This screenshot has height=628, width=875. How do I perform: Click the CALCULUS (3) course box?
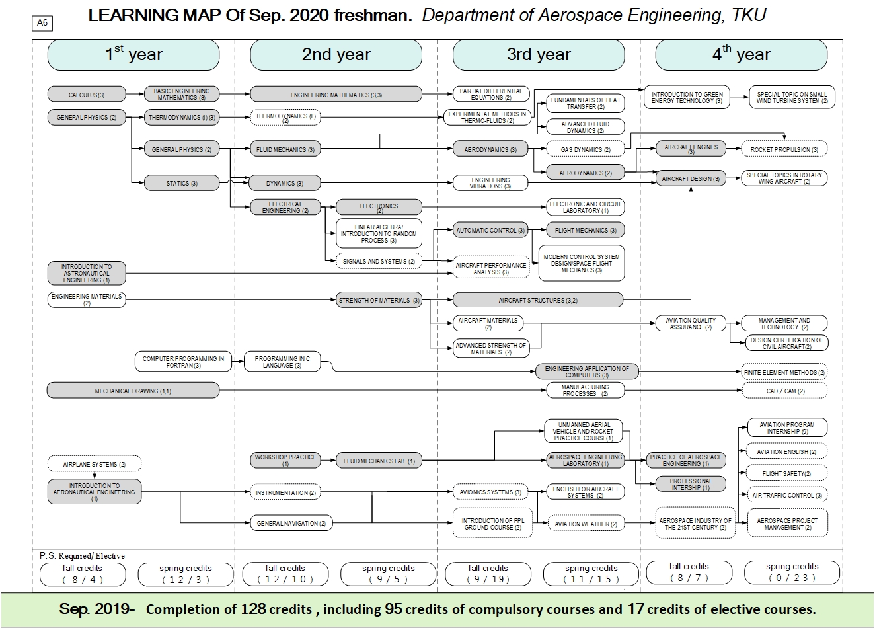click(x=87, y=95)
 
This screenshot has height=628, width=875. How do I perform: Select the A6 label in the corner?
click(x=42, y=23)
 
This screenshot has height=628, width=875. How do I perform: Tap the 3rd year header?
click(x=539, y=55)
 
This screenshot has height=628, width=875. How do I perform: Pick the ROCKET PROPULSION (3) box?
click(x=784, y=149)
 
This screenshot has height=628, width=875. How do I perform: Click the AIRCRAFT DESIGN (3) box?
click(x=691, y=178)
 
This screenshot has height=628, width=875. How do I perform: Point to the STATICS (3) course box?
click(x=182, y=183)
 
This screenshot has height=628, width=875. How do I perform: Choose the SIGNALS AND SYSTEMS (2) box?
click(x=379, y=261)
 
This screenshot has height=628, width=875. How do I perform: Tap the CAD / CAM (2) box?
click(x=784, y=391)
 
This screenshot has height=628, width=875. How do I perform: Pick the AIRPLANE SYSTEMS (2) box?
click(x=95, y=464)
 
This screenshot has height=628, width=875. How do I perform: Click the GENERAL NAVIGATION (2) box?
click(x=291, y=523)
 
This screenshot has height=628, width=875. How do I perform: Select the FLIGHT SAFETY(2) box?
click(x=786, y=473)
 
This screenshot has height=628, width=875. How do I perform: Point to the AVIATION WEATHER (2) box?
click(x=586, y=524)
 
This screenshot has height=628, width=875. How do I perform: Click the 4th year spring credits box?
click(x=792, y=572)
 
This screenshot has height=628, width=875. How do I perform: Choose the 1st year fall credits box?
click(x=83, y=574)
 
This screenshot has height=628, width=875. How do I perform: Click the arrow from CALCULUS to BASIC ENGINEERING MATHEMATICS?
click(x=135, y=94)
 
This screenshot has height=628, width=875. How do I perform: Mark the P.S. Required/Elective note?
click(x=82, y=556)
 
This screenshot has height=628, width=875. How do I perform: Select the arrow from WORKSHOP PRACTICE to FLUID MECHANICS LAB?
click(x=328, y=461)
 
